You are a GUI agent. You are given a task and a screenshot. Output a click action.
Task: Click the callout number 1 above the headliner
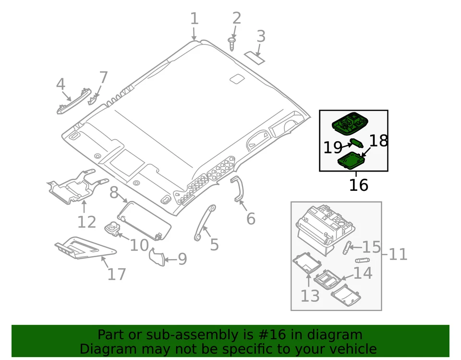tap(194, 19)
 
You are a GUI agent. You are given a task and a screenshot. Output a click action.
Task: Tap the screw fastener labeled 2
tap(232, 44)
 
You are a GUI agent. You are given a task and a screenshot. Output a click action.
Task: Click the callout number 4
tap(61, 85)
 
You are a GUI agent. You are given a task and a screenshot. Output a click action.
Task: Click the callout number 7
tap(103, 77)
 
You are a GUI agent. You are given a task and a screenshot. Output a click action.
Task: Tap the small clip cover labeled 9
tap(157, 257)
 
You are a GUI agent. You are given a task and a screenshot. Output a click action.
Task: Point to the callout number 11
tap(398, 254)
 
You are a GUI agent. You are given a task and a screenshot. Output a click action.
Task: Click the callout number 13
tap(310, 296)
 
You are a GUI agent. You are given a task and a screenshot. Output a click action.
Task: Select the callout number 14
tap(363, 273)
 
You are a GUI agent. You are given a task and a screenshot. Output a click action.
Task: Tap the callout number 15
tap(371, 247)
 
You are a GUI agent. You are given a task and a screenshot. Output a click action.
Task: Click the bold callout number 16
tap(358, 185)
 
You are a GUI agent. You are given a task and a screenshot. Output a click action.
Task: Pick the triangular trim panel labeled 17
tap(84, 248)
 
